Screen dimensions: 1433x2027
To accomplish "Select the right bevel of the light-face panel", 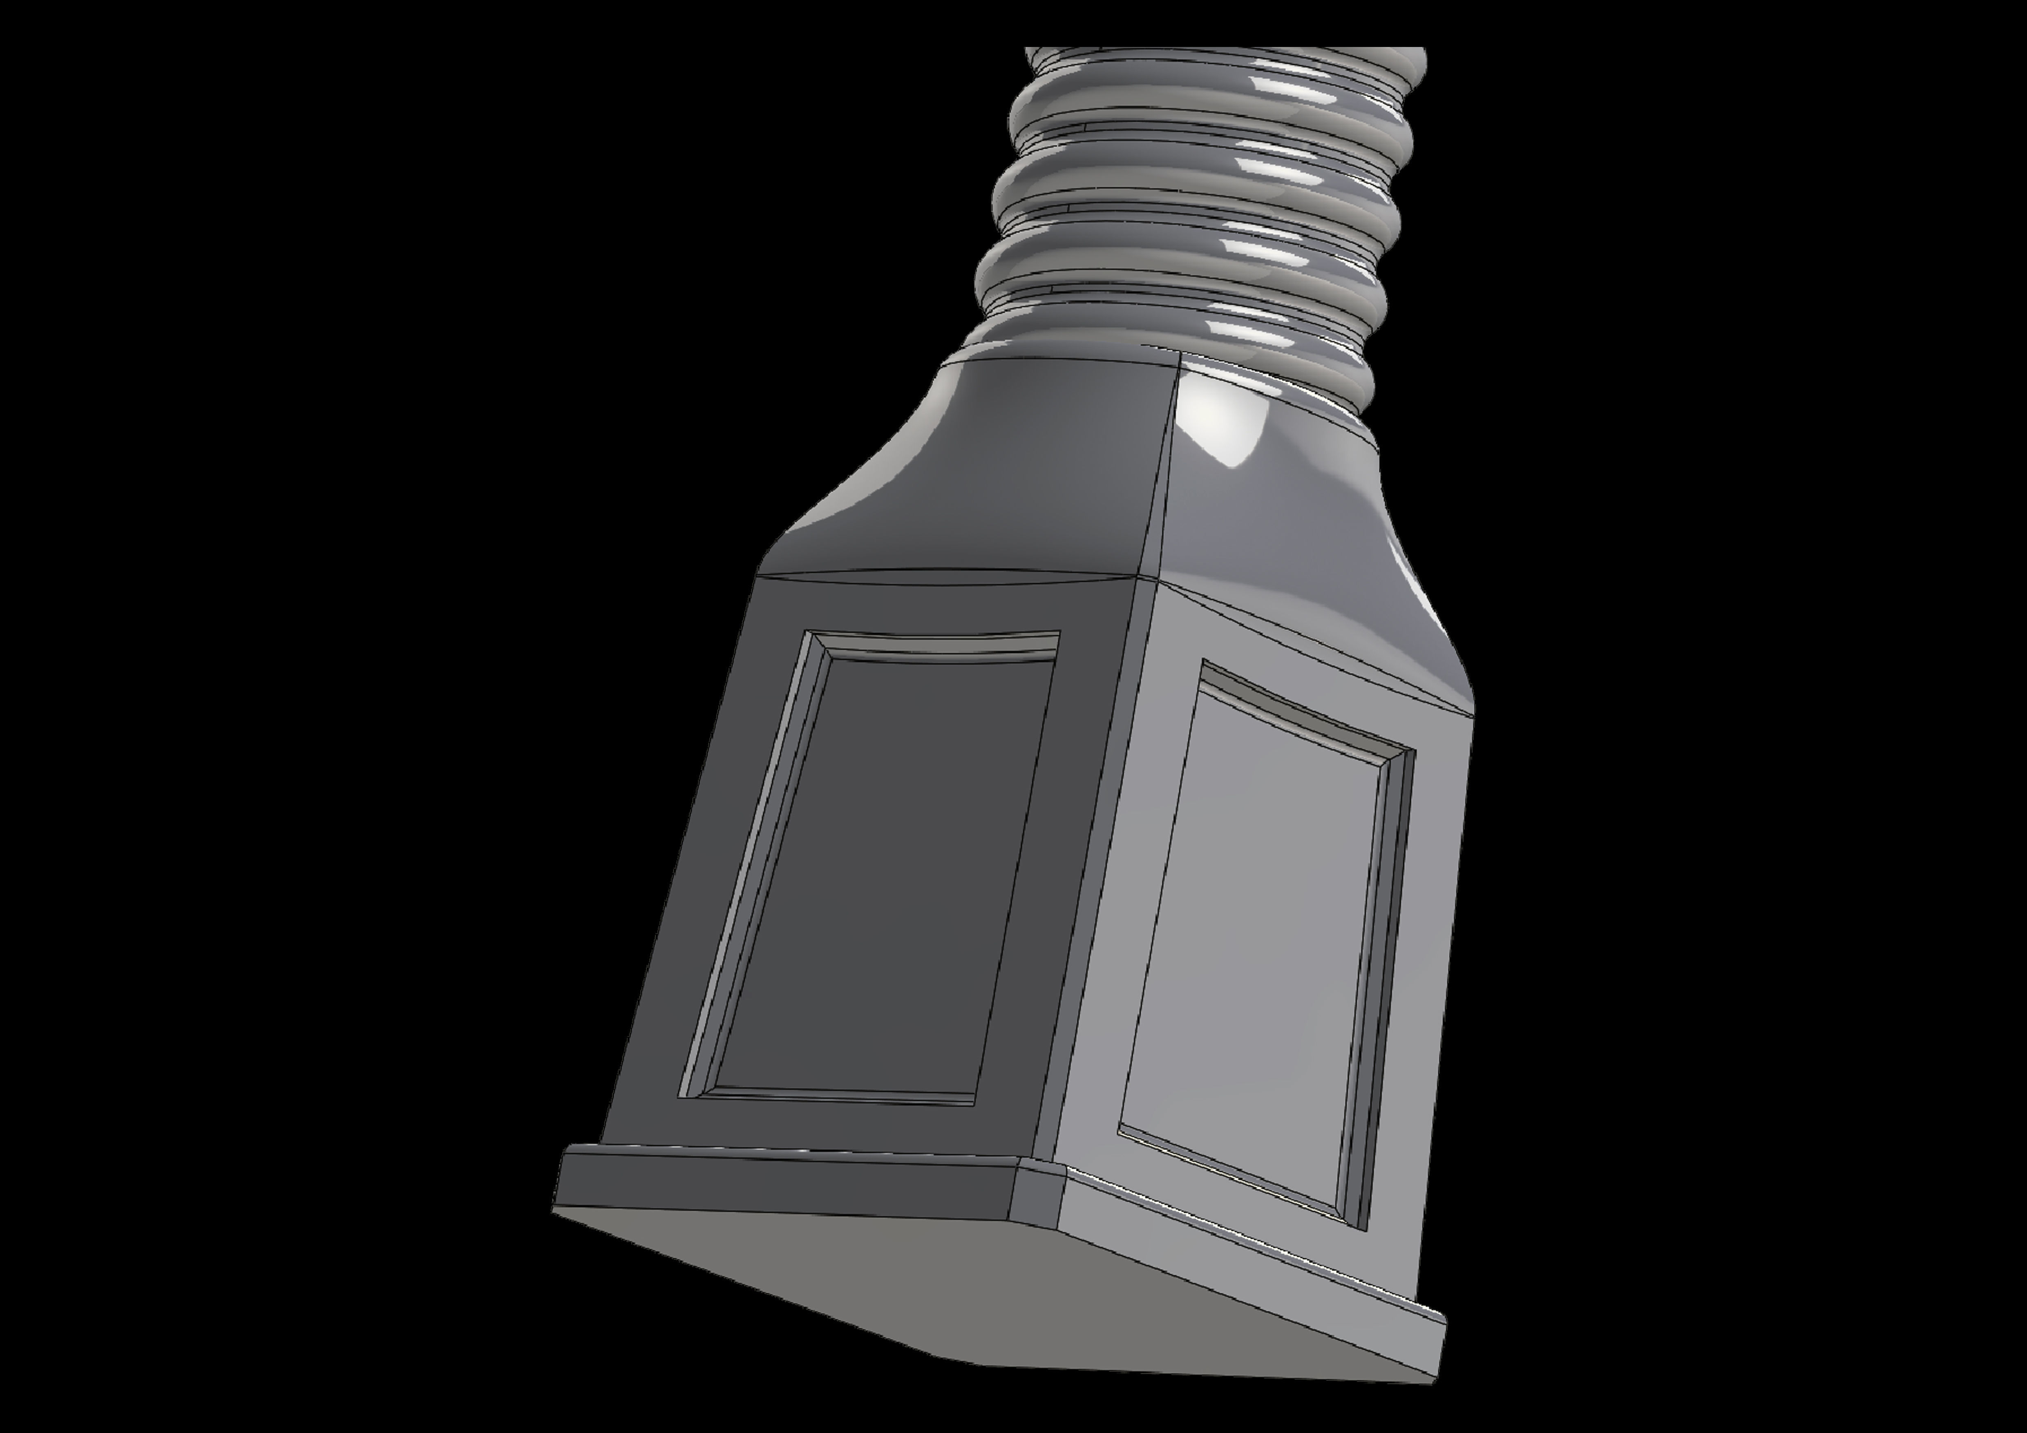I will coord(1382,980).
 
